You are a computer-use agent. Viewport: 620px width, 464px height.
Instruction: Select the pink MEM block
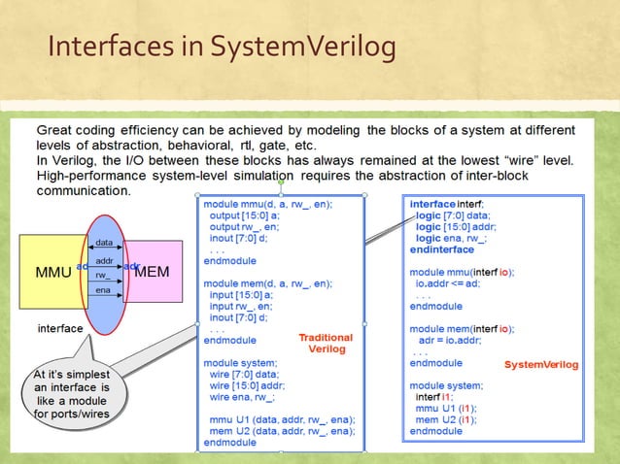click(151, 271)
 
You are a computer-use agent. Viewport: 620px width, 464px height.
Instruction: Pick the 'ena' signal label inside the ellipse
click(102, 291)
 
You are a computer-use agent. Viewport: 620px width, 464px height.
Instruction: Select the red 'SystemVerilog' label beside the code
click(541, 365)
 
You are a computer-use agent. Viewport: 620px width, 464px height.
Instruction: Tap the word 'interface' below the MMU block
click(59, 328)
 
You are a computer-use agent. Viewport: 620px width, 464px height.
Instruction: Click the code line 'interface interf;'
click(453, 205)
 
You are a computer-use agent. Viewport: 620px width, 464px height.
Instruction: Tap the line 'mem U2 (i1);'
click(450, 419)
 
